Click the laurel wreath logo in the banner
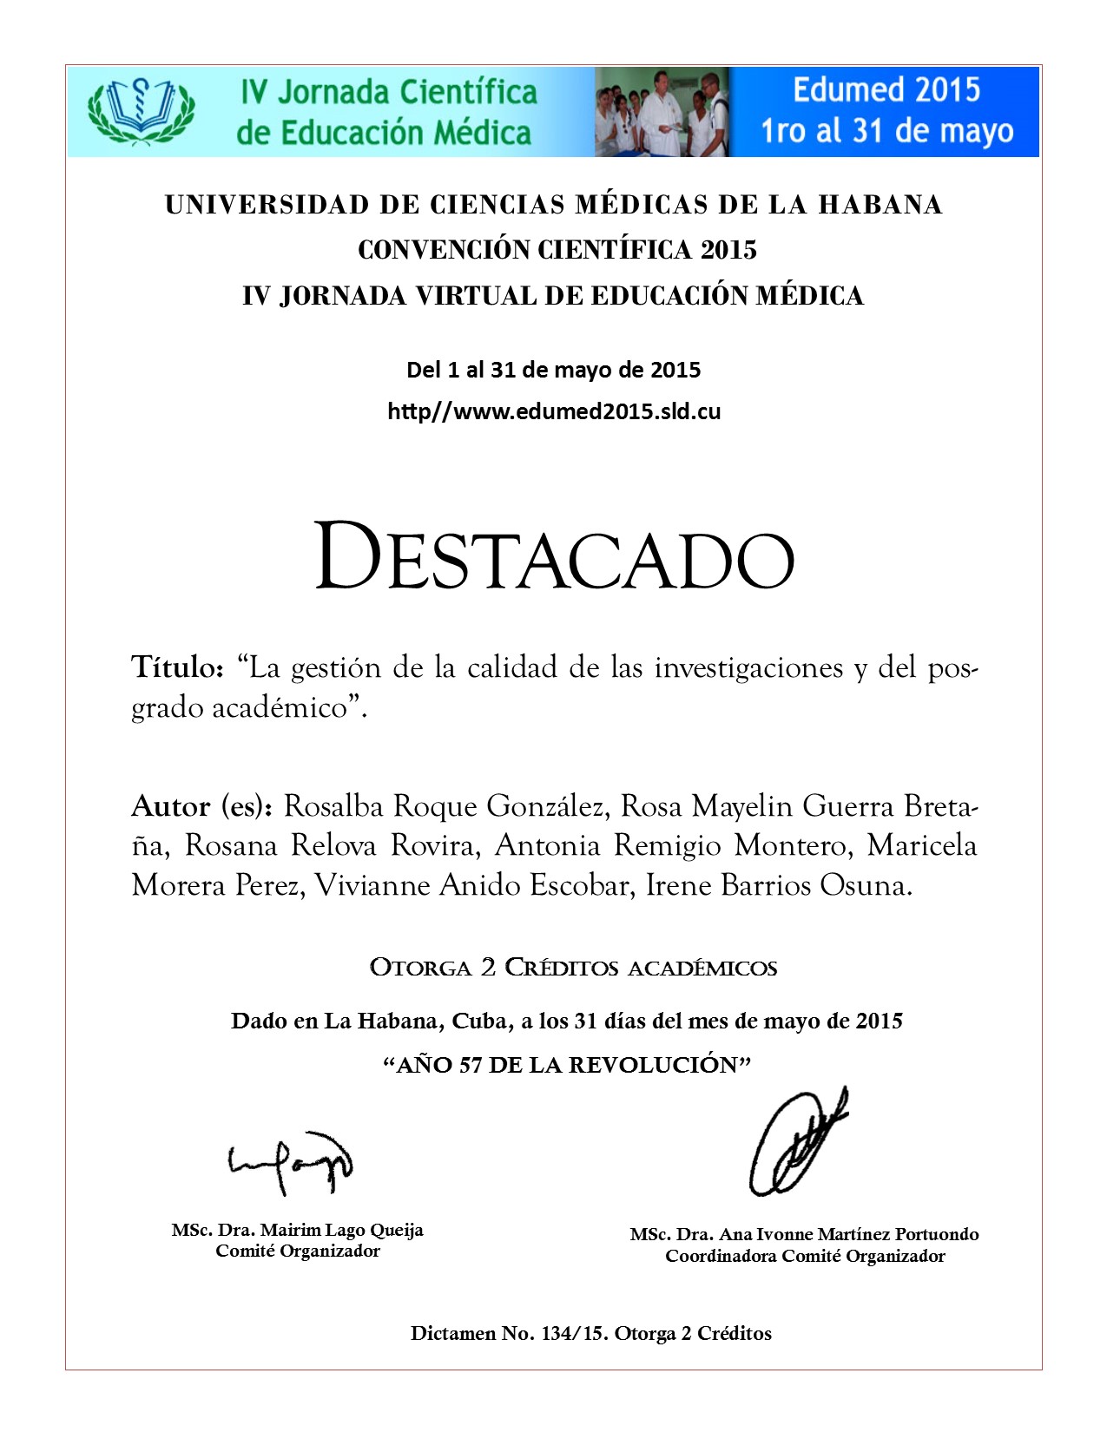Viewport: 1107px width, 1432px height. pos(141,111)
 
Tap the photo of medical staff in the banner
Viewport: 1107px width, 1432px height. pos(662,112)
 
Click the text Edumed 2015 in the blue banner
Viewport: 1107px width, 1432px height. pos(886,90)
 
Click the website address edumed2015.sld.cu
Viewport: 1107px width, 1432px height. pos(554,411)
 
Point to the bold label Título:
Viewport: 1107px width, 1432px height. pos(178,667)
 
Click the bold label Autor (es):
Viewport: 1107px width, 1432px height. pos(202,806)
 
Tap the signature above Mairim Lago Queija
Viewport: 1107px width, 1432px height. pos(292,1163)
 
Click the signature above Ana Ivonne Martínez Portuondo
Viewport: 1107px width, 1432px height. pos(796,1143)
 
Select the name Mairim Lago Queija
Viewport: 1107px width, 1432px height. pos(341,1230)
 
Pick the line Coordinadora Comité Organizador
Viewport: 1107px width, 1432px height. pos(805,1256)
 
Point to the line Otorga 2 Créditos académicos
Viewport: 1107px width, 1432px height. pos(573,968)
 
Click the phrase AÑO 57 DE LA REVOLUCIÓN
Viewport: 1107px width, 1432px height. pos(566,1065)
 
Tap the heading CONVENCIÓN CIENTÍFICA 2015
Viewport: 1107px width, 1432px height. pos(557,250)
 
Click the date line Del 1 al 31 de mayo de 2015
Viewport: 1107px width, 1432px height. pos(554,371)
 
